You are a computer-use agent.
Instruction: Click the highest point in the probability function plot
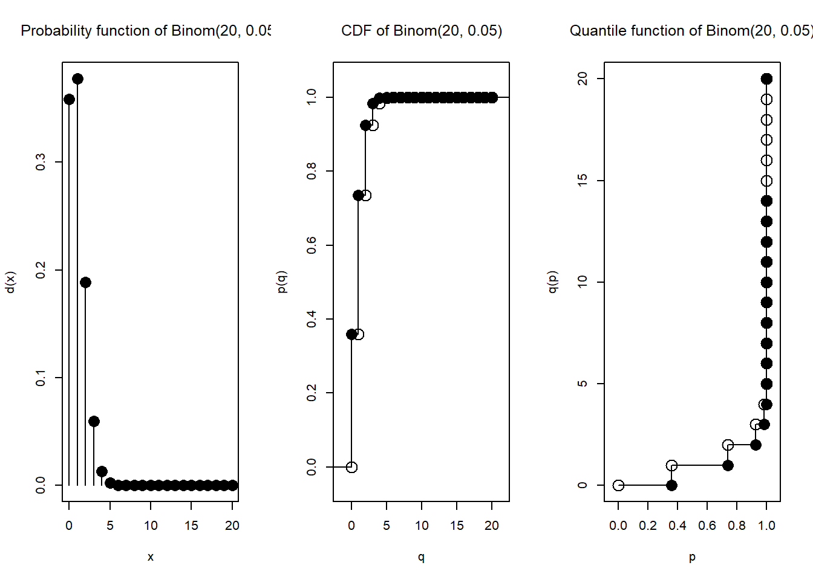tap(77, 79)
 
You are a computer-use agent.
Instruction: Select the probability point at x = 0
tap(69, 99)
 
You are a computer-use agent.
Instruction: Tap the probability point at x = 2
tap(85, 282)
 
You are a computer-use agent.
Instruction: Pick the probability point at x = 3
tap(94, 421)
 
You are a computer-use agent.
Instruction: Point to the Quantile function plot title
tap(690, 31)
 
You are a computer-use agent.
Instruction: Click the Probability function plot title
tap(145, 31)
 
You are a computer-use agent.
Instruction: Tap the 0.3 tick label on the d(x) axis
tap(41, 162)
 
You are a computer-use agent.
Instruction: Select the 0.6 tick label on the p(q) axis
tap(312, 245)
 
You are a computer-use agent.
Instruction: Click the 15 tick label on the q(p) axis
tap(583, 181)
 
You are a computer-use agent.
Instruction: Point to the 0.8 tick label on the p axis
tap(737, 526)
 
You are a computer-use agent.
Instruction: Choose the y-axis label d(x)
tap(10, 282)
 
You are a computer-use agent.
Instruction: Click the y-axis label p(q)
tap(281, 282)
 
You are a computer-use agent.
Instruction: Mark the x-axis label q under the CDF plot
tap(421, 557)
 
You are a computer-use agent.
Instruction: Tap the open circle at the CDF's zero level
tap(351, 467)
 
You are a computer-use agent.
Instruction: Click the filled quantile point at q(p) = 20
tap(766, 79)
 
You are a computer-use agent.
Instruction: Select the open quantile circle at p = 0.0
tap(618, 485)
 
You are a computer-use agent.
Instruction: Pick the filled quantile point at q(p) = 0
tap(671, 485)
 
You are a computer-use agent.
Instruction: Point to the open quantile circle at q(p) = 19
tap(766, 99)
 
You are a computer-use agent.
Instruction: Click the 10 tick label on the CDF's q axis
tap(422, 526)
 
